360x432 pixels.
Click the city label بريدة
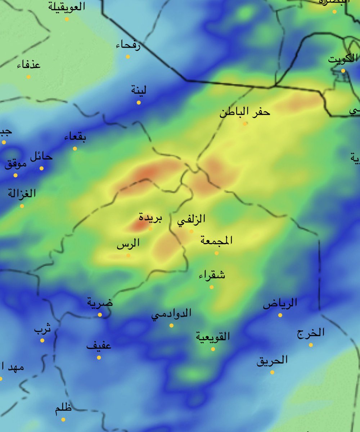pyautogui.click(x=151, y=218)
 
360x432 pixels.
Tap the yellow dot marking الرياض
pyautogui.click(x=280, y=315)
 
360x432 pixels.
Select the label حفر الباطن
pyautogui.click(x=245, y=112)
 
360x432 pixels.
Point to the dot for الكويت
pyautogui.click(x=343, y=71)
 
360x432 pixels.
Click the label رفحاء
pyautogui.click(x=128, y=46)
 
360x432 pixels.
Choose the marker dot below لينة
pyautogui.click(x=139, y=103)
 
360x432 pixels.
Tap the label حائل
pyautogui.click(x=41, y=157)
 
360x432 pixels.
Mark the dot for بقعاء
pyautogui.click(x=75, y=148)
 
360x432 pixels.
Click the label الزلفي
pyautogui.click(x=192, y=220)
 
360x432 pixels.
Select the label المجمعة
pyautogui.click(x=216, y=240)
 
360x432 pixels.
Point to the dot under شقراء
pyautogui.click(x=212, y=287)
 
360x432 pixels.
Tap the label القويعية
pyautogui.click(x=213, y=337)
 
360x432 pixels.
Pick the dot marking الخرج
pyautogui.click(x=311, y=345)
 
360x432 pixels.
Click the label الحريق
pyautogui.click(x=272, y=360)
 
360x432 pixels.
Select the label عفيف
pyautogui.click(x=99, y=346)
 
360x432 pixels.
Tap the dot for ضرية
pyautogui.click(x=100, y=315)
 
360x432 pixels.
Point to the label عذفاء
pyautogui.click(x=28, y=65)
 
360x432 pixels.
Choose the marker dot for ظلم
pyautogui.click(x=63, y=419)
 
